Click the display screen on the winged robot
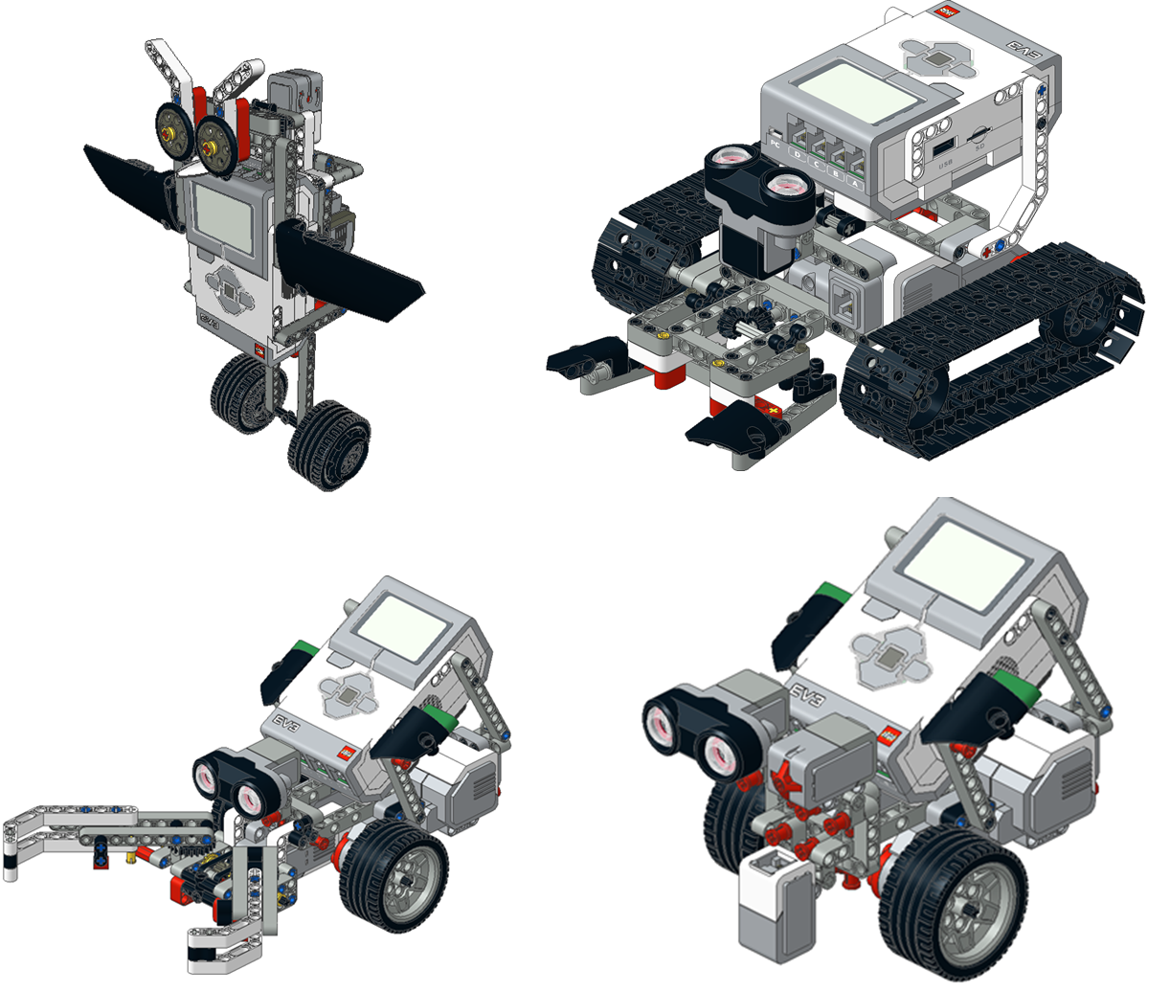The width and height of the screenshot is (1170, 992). [225, 216]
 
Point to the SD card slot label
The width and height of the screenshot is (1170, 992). [979, 147]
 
